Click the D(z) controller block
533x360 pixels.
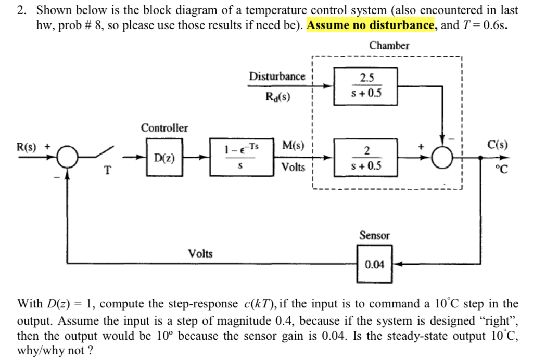coord(160,157)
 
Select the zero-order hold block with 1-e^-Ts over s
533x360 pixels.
coord(242,157)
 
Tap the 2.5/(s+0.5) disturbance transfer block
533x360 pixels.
coord(365,85)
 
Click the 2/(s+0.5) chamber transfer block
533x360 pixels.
coord(365,157)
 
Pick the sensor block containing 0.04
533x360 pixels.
coord(374,264)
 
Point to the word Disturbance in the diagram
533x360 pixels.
coord(277,76)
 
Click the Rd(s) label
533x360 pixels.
coord(278,97)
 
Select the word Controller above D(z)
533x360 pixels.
coord(164,128)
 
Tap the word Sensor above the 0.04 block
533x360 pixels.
coord(374,236)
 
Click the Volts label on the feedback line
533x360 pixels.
coord(200,253)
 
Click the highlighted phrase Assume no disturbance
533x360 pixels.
coord(371,24)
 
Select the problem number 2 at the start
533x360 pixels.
coord(21,10)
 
